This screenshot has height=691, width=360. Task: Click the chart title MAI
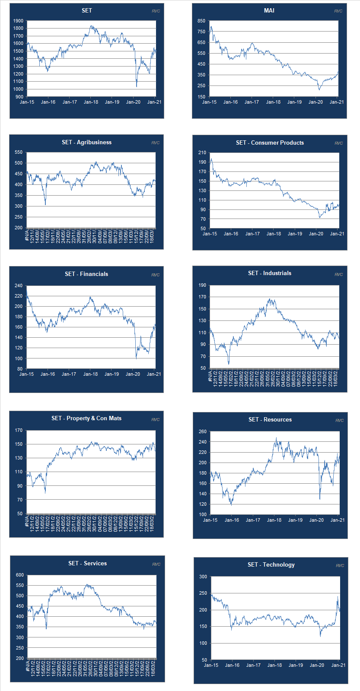pos(269,10)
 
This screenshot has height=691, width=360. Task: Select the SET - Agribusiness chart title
pos(86,142)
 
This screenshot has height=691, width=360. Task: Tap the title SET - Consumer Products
pos(270,143)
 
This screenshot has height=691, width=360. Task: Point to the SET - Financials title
pos(86,274)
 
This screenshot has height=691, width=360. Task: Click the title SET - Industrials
pos(270,273)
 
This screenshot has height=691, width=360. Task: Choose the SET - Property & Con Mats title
pos(86,418)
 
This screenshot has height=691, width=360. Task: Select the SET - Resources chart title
pos(270,419)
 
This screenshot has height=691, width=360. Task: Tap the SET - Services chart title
pos(87,563)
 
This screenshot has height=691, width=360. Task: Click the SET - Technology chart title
pos(271,564)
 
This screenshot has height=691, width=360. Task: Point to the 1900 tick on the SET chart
pos(18,21)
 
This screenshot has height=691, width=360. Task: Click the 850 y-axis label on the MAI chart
pos(201,21)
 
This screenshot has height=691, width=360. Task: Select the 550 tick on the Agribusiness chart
pos(18,152)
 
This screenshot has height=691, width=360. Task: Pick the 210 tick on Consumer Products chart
pos(202,152)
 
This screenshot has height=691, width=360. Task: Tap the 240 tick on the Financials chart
pos(18,285)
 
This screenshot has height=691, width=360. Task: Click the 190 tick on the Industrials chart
pos(202,285)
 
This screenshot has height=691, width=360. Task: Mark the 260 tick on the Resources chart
pos(203,431)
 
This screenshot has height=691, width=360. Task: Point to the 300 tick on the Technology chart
pos(203,577)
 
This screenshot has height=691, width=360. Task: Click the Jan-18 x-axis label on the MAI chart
pos(273,102)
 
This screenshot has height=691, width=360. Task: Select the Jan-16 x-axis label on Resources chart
pos(232,520)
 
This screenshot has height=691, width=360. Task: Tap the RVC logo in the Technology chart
pos(340,565)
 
